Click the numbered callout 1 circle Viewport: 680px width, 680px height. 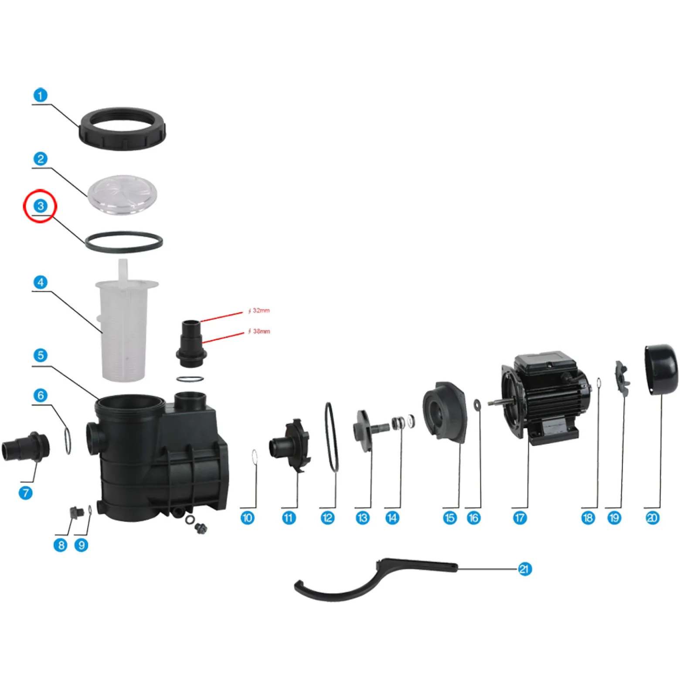41,95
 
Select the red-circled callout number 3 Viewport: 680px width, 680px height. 41,206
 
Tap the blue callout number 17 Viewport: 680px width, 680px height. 520,518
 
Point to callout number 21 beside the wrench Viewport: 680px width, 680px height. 524,569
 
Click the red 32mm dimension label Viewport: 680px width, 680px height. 259,311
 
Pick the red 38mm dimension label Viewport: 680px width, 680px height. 259,331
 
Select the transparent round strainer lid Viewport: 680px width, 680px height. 122,195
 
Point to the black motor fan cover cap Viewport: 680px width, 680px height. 661,370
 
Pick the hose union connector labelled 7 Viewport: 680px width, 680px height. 26,447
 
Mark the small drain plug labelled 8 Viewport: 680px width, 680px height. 76,512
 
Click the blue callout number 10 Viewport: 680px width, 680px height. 247,518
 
